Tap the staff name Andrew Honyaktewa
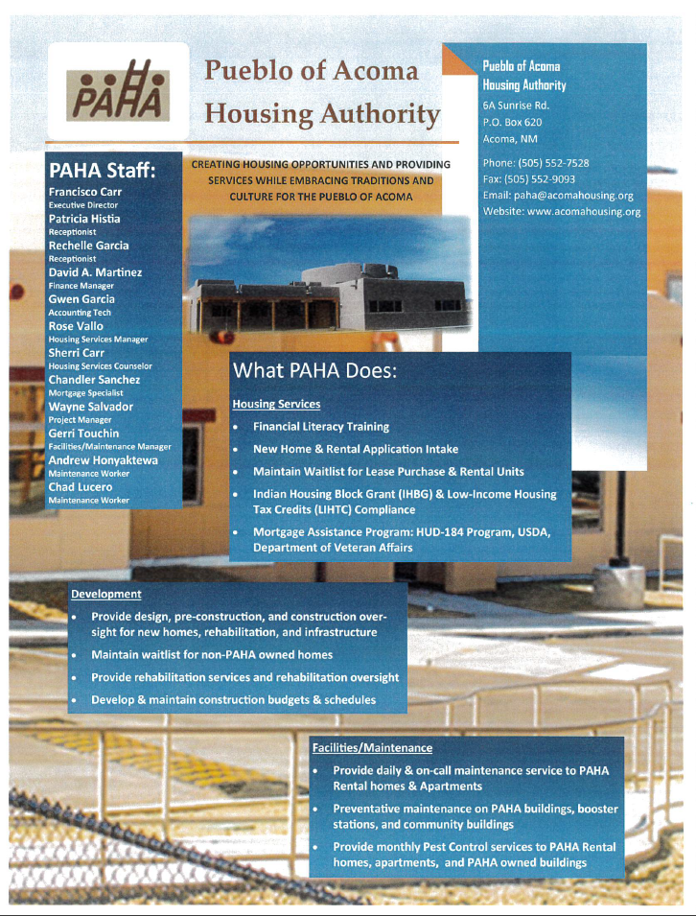click(104, 460)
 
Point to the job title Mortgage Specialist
click(81, 392)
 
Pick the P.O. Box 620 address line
click(513, 122)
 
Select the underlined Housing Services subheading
click(276, 404)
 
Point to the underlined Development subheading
click(106, 595)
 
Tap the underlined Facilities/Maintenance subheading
click(372, 747)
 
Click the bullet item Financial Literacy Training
click(321, 426)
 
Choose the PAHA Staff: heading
click(103, 171)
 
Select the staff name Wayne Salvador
click(91, 407)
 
